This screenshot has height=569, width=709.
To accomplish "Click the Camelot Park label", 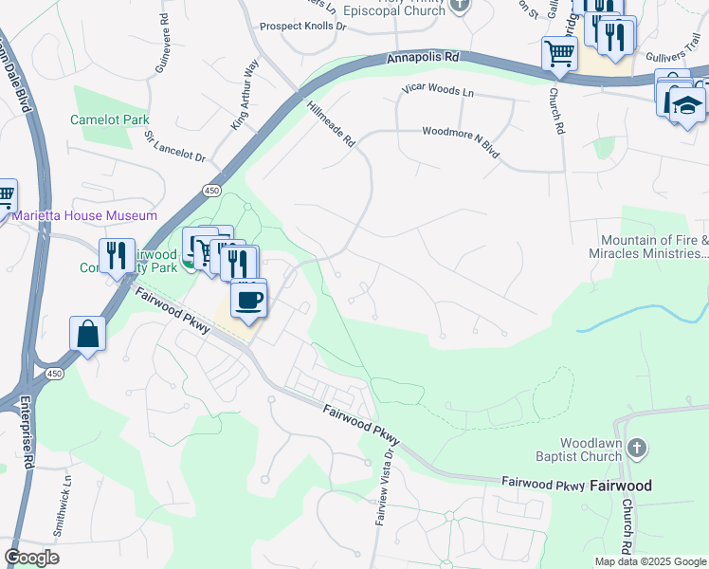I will point(110,120).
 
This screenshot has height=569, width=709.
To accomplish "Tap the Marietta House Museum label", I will point(85,216).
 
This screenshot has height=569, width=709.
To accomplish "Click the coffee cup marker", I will point(248,300).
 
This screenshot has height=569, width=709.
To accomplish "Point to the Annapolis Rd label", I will point(423,58).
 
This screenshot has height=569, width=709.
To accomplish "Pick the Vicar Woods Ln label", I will point(436,92).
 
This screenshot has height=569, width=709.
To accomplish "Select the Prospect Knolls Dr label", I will point(303,27).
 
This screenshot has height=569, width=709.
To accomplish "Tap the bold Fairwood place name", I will point(621,485).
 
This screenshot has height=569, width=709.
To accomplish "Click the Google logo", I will point(31,558).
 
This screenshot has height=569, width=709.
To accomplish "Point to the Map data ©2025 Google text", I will point(649,561).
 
